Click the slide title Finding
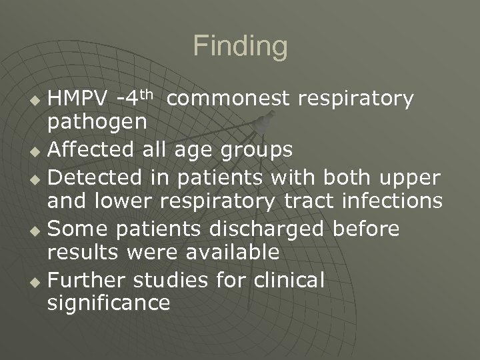[240, 47]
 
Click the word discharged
[267, 229]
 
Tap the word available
[231, 253]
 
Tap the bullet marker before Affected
[37, 152]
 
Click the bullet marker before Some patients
[37, 230]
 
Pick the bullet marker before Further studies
[37, 281]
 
